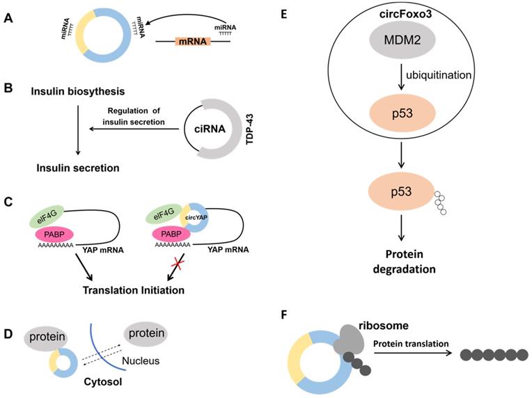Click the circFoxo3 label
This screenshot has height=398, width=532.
pos(406,13)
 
